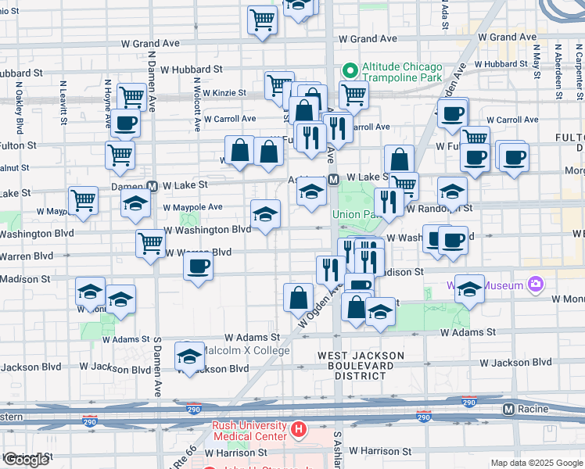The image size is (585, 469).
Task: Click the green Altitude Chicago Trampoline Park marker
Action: coord(350,70)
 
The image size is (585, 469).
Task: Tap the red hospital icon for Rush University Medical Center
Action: coord(298,429)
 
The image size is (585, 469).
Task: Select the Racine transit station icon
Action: coord(508,408)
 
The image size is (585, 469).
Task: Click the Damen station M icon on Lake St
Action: coord(154,186)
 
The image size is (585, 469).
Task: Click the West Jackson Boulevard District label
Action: coord(361,365)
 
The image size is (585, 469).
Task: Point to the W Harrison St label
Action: coord(380,451)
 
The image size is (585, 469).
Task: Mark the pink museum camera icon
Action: coord(536,285)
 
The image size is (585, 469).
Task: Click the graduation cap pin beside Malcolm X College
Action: coord(189,356)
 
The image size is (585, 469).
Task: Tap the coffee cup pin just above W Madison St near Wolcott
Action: coord(198,266)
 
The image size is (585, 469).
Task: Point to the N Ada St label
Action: coord(443,14)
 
